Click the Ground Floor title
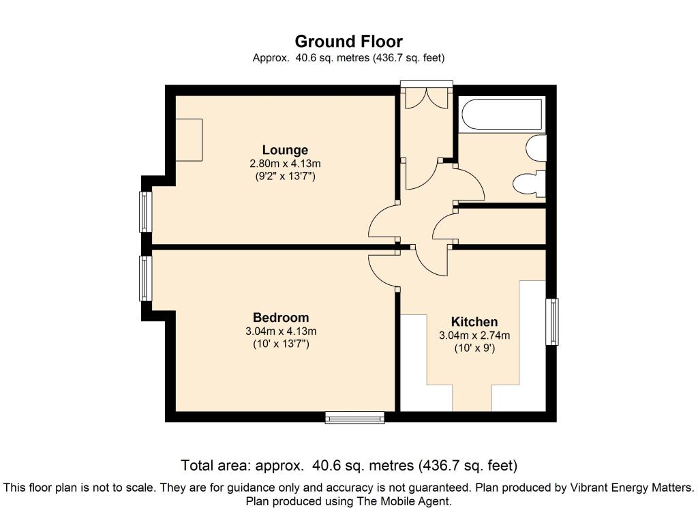(x=348, y=42)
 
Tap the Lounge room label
(x=285, y=150)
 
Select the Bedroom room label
(x=281, y=318)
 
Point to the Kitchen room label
(x=474, y=321)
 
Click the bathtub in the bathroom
(x=502, y=115)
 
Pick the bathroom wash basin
(x=536, y=147)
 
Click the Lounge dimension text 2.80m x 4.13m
(x=285, y=164)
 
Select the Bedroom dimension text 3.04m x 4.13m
(x=281, y=331)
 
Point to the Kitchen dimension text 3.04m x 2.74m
(x=474, y=335)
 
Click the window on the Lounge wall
(x=146, y=211)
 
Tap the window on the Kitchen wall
(x=552, y=321)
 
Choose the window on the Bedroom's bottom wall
(x=354, y=417)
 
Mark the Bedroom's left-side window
(x=146, y=278)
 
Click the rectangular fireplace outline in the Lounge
(x=189, y=140)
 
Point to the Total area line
(x=349, y=466)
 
